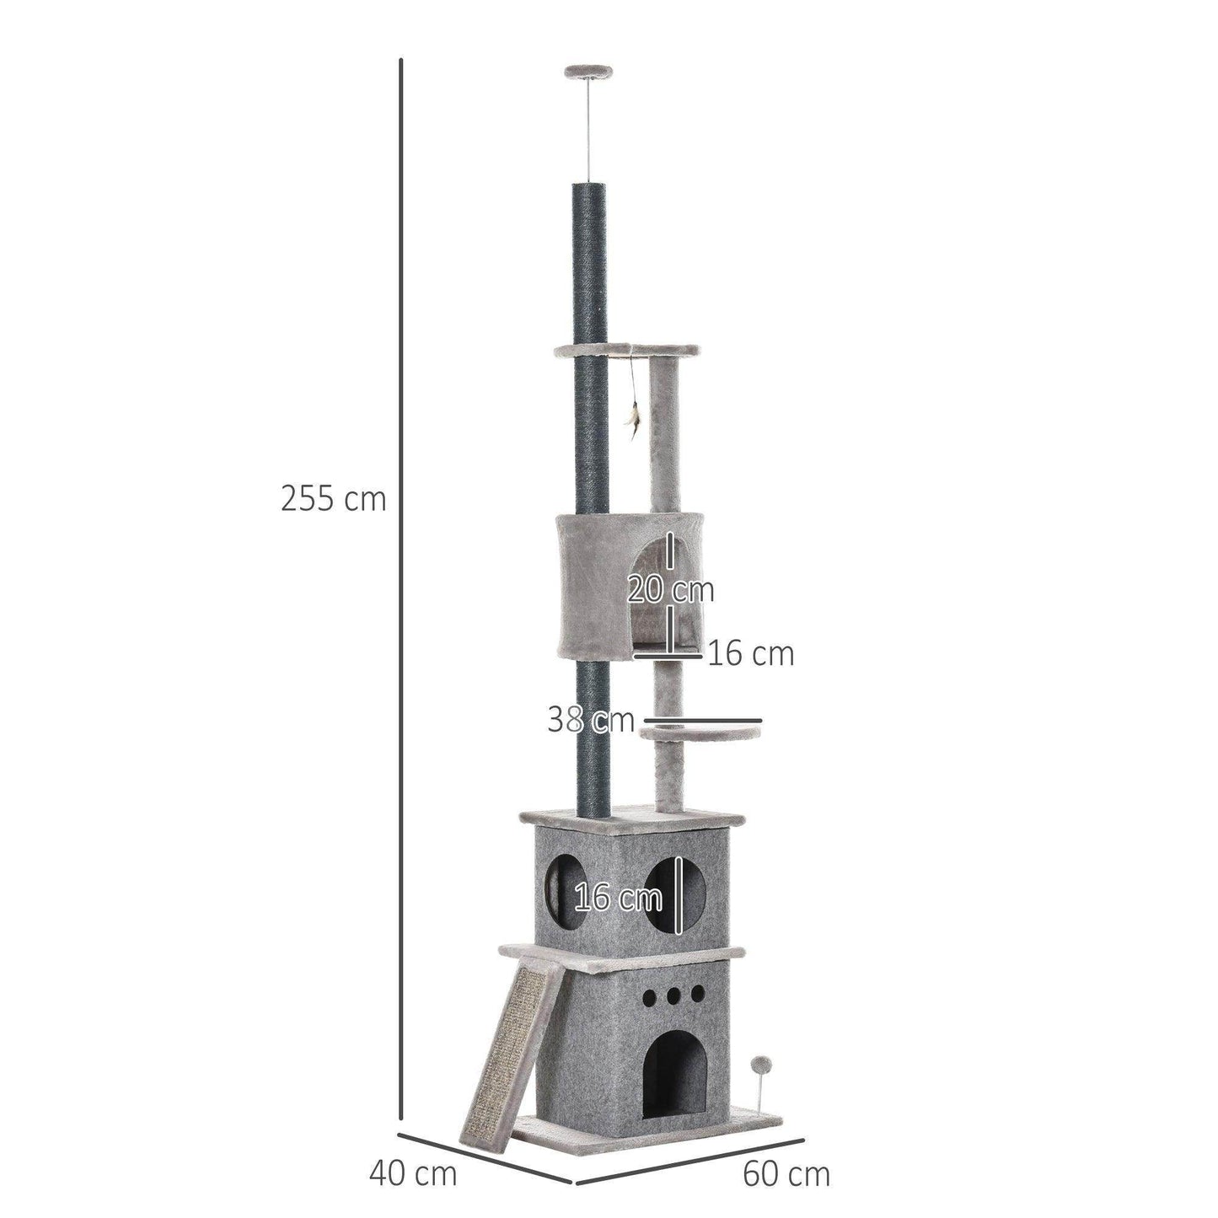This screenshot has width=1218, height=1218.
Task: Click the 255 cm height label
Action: [333, 499]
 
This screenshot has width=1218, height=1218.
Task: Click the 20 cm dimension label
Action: [671, 590]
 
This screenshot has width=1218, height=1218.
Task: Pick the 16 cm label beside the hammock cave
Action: [750, 654]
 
